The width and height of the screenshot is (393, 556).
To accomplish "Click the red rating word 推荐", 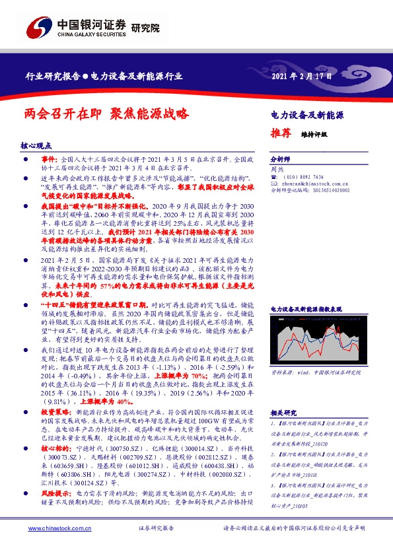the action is coord(281,133).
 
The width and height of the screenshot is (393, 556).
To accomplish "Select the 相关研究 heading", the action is coord(284,412).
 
